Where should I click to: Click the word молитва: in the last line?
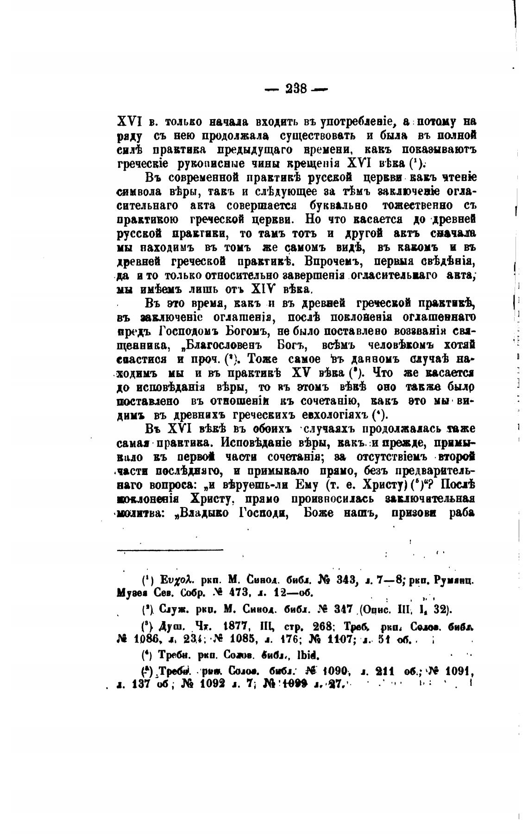pyautogui.click(x=138, y=513)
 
